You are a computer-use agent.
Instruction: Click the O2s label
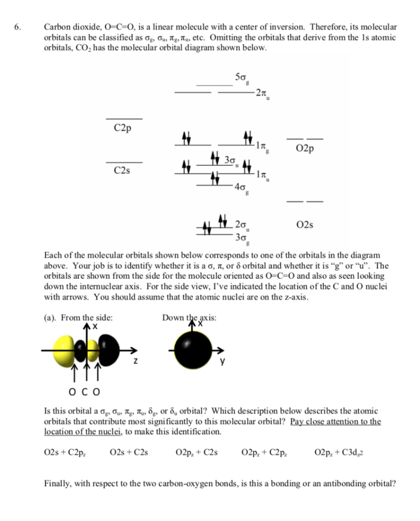[x=304, y=224]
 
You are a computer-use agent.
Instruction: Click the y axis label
[x=222, y=362]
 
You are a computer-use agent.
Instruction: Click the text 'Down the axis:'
[x=190, y=318]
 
